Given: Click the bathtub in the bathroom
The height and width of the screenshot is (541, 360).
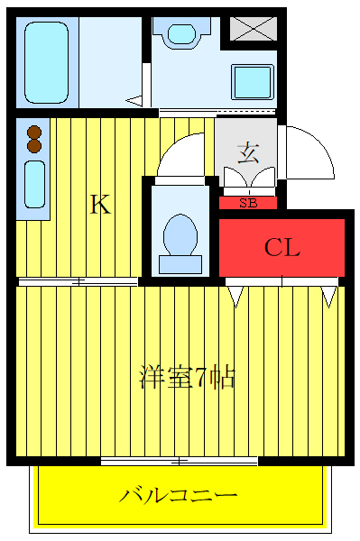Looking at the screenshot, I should [x=49, y=61].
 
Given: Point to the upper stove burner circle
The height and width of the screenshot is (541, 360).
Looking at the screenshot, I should [x=35, y=130].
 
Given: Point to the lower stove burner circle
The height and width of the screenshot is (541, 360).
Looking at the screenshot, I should [x=35, y=144].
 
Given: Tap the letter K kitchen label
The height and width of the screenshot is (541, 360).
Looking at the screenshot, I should [x=99, y=206].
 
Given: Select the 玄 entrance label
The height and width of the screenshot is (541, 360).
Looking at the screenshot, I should [x=247, y=152].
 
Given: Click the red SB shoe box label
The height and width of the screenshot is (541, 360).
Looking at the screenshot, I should [x=248, y=203].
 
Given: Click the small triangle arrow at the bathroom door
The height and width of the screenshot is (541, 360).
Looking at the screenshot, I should [x=134, y=101].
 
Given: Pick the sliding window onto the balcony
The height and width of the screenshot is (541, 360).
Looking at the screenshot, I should [x=180, y=462].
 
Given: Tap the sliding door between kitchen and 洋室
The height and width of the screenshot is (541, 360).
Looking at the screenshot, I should [x=78, y=282].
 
